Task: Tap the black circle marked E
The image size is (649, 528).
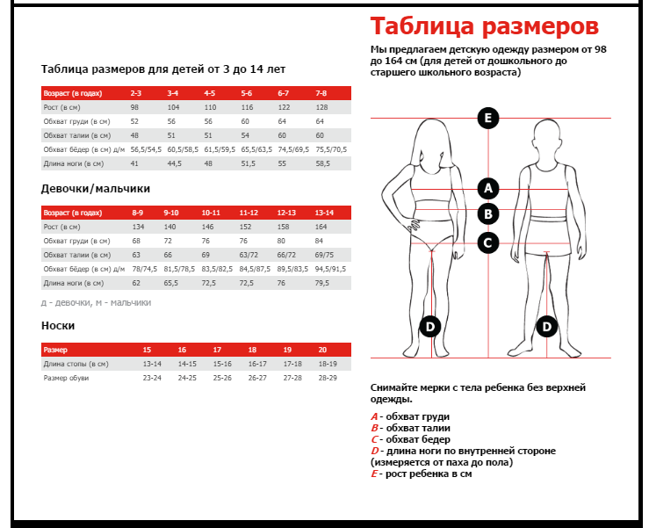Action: pos(488,118)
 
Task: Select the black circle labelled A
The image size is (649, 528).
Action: pos(488,187)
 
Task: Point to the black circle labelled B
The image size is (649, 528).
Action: pos(488,213)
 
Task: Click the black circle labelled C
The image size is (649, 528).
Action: pos(488,242)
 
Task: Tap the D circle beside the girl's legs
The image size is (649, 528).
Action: pos(429,327)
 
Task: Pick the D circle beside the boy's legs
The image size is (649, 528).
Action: pos(546,327)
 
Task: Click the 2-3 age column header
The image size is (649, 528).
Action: pos(136,92)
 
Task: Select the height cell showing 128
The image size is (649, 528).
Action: pos(321,106)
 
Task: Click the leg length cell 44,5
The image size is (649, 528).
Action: pos(174,163)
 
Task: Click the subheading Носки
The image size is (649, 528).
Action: pos(52,325)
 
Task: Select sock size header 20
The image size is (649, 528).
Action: pos(322,349)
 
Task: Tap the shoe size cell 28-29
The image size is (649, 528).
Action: pos(327,378)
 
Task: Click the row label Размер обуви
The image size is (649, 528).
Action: pos(66,378)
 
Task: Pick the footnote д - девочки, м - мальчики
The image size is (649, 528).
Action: pos(96,302)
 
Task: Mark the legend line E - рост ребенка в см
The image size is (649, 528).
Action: pos(422,474)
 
